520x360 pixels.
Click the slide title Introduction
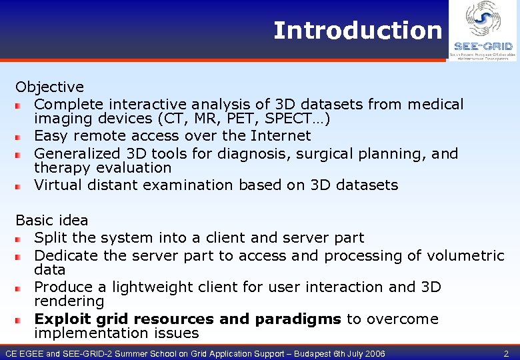point(357,31)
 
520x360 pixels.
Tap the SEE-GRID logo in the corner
point(483,31)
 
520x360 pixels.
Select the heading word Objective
point(50,87)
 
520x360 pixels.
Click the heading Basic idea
point(52,220)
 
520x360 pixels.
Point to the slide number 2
point(506,353)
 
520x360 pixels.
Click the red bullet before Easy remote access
point(20,137)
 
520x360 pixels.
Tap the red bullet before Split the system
point(20,239)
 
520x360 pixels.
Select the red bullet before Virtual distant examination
point(20,186)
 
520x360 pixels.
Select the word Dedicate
point(63,256)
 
